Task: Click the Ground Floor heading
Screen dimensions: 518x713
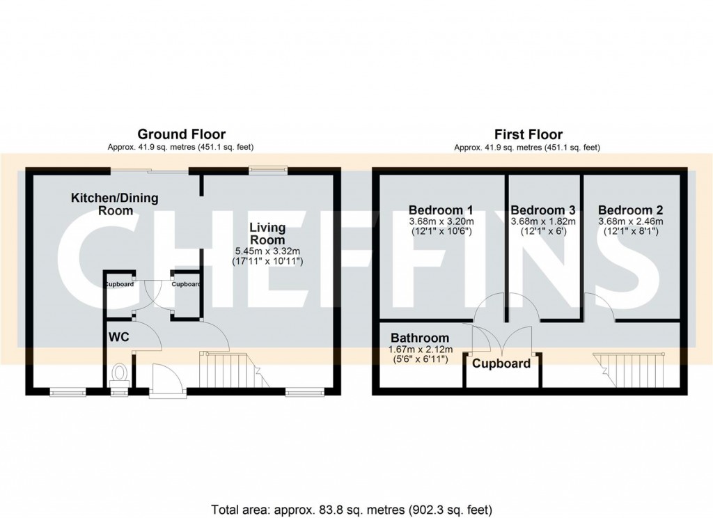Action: [x=181, y=134]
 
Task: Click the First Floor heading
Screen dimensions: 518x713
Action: [x=528, y=134]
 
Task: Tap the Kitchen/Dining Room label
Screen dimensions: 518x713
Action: [x=114, y=203]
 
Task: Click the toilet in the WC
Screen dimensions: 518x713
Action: [x=119, y=374]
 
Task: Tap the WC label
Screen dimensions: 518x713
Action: [x=119, y=337]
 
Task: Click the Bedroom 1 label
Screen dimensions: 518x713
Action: [x=441, y=210]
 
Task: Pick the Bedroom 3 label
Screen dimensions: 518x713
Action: [x=543, y=210]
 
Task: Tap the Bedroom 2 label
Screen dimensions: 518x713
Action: [x=630, y=210]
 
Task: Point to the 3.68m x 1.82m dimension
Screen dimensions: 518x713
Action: [x=543, y=221]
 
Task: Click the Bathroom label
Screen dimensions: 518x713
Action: [x=419, y=338]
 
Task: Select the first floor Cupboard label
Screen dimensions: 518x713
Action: [x=501, y=363]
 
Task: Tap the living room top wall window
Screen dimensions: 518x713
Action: [x=269, y=168]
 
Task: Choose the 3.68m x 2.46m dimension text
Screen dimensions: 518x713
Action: [x=630, y=221]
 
